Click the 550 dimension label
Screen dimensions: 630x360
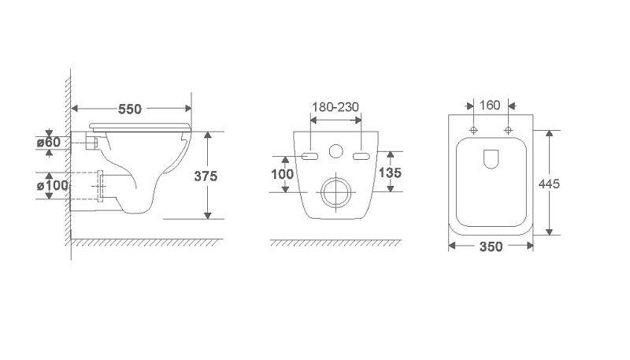pyautogui.click(x=130, y=109)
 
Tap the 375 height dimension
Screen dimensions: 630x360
pyautogui.click(x=206, y=176)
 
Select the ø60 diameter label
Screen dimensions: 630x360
pyautogui.click(x=49, y=142)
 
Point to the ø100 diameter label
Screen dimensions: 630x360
pyautogui.click(x=52, y=186)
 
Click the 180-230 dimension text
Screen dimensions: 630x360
pyautogui.click(x=335, y=107)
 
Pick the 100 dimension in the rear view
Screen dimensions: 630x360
pyautogui.click(x=282, y=174)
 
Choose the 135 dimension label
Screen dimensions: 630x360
pyautogui.click(x=390, y=173)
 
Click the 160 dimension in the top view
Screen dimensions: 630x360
pyautogui.click(x=490, y=106)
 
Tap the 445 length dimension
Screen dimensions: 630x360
pyautogui.click(x=549, y=184)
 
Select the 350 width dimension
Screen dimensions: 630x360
pyautogui.click(x=491, y=247)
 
